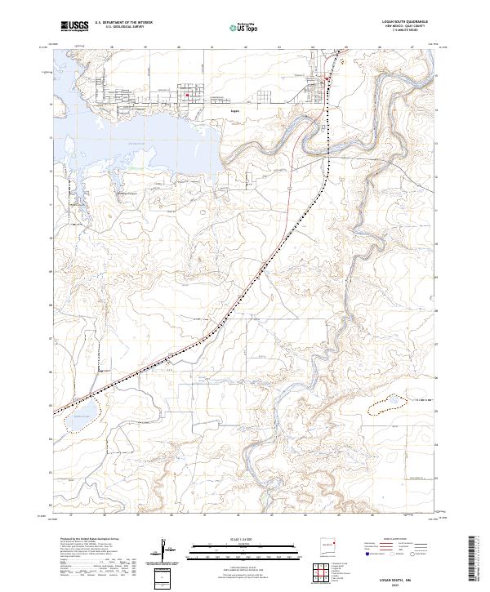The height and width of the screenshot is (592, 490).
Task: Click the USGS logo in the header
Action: tap(74, 26)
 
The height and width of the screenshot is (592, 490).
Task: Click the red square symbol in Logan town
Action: tap(187, 96)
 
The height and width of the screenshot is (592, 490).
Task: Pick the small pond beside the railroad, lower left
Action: tap(77, 421)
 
